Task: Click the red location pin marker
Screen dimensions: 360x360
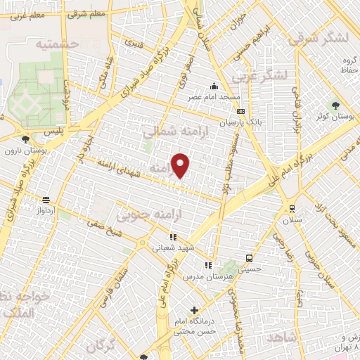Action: coord(181,165)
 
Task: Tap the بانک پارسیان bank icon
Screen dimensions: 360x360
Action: coord(241,111)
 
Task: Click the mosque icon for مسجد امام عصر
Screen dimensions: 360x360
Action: coord(214,86)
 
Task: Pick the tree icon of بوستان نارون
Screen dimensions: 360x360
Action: coord(26,139)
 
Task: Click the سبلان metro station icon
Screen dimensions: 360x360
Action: coord(292,208)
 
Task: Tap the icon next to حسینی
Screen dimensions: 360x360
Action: coord(249,257)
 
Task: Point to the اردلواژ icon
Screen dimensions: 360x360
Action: coord(46,199)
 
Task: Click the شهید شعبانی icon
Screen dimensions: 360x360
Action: coord(172,237)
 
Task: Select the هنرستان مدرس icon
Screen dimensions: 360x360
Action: coord(207,264)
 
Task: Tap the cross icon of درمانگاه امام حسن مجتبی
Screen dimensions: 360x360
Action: coord(195,309)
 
